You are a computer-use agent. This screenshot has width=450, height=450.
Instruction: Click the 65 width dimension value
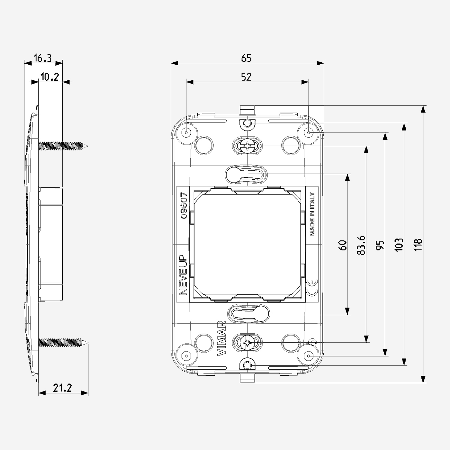(x=246, y=58)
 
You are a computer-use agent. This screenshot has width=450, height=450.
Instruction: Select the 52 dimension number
(x=246, y=77)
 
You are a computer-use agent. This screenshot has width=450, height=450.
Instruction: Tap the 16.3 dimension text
(x=42, y=58)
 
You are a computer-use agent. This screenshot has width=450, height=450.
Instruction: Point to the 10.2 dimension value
(x=50, y=77)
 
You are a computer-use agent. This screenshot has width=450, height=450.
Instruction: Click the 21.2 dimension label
(x=62, y=388)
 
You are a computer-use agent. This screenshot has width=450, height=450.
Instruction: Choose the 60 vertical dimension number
(x=343, y=245)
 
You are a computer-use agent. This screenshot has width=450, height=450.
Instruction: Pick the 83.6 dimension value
(x=361, y=245)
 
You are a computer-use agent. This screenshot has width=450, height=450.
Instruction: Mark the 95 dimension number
(x=380, y=245)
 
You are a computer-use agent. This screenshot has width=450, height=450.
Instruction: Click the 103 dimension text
(x=399, y=245)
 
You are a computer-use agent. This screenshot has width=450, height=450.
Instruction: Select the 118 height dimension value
(x=418, y=245)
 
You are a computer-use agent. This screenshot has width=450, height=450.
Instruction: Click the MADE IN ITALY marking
(x=312, y=214)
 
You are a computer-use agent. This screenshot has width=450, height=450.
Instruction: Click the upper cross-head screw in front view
(x=247, y=146)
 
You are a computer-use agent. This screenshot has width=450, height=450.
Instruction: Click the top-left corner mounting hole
(x=186, y=132)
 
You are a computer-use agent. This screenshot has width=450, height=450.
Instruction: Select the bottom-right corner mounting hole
(x=309, y=356)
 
